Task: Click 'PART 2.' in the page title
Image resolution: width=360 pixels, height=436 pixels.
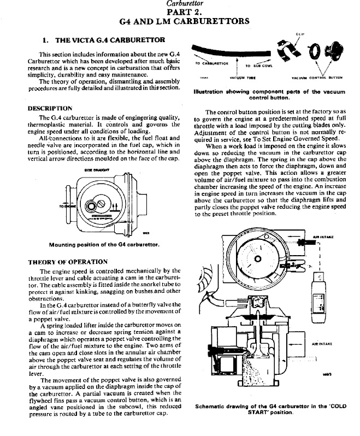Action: [x=180, y=12]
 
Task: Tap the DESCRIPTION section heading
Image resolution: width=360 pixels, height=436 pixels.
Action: [x=50, y=108]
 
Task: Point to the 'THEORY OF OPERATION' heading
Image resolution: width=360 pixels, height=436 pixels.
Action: [x=67, y=262]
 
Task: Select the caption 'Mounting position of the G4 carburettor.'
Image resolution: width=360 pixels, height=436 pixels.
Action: [x=104, y=245]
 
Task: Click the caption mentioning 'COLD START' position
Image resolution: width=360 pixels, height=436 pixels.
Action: [x=272, y=409]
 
